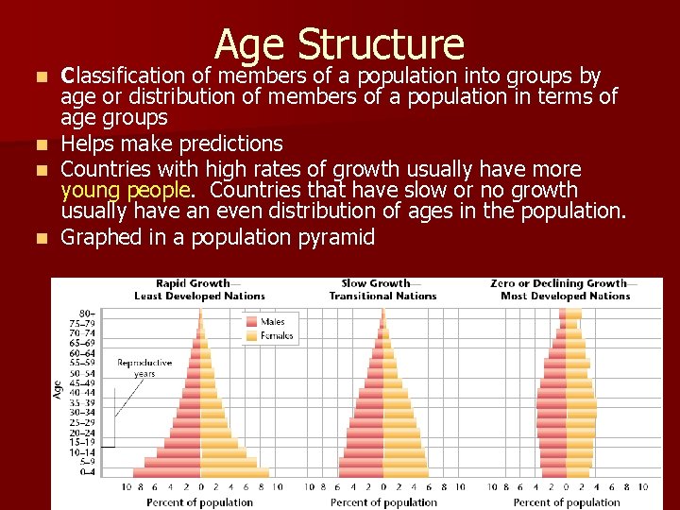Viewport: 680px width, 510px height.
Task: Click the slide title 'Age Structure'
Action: (x=339, y=44)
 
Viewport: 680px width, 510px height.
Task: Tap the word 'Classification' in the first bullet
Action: (x=120, y=76)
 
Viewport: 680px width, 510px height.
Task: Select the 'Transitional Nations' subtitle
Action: (x=382, y=296)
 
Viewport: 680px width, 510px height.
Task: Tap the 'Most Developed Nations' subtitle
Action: (x=565, y=296)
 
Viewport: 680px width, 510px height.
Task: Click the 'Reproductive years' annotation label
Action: (x=144, y=368)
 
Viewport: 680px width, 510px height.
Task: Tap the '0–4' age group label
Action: (x=86, y=471)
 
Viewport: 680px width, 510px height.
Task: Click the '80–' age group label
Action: (x=86, y=313)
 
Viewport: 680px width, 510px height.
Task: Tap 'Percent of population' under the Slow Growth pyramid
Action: (x=383, y=502)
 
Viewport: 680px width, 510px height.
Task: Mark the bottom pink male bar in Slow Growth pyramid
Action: (x=360, y=471)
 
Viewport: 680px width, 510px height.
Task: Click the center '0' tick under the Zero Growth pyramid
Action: (x=566, y=488)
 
